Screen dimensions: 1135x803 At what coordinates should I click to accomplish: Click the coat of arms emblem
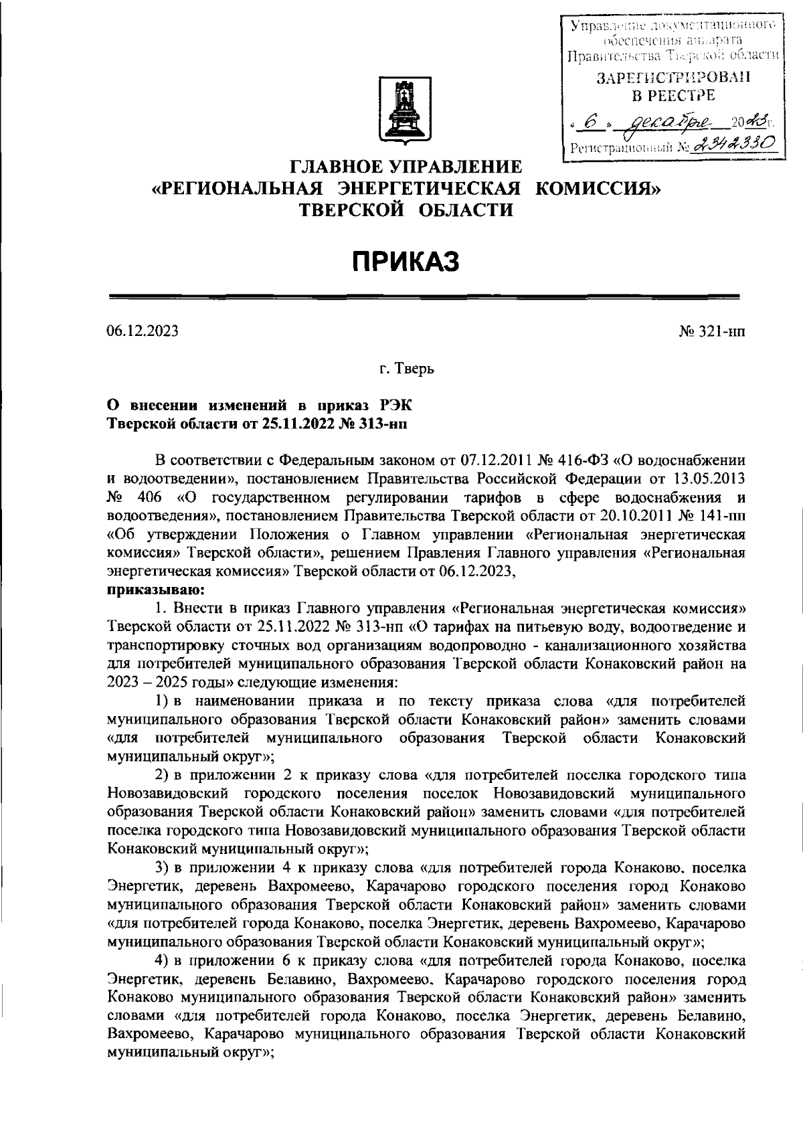(401, 110)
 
